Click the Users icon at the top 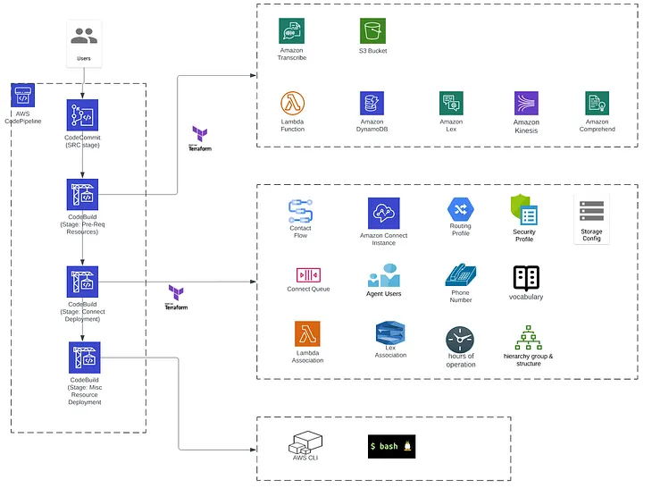coord(84,36)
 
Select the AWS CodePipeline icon coord(23,97)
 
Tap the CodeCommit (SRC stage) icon coord(83,115)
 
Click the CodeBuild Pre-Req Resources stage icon coord(83,195)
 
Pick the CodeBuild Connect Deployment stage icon coord(83,282)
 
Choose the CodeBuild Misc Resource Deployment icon coord(85,358)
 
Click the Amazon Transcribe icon coord(291,30)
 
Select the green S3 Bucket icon coord(372,30)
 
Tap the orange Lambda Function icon coord(293,104)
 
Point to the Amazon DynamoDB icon coord(372,104)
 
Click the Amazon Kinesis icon coord(526,104)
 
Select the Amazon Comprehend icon coord(598,103)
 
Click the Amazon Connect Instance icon coord(383,213)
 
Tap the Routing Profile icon coord(460,208)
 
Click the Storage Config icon coord(591,211)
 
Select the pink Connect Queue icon coord(308,274)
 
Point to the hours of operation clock coord(460,339)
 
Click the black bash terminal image coord(391,446)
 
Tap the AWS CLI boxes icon coord(305,442)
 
